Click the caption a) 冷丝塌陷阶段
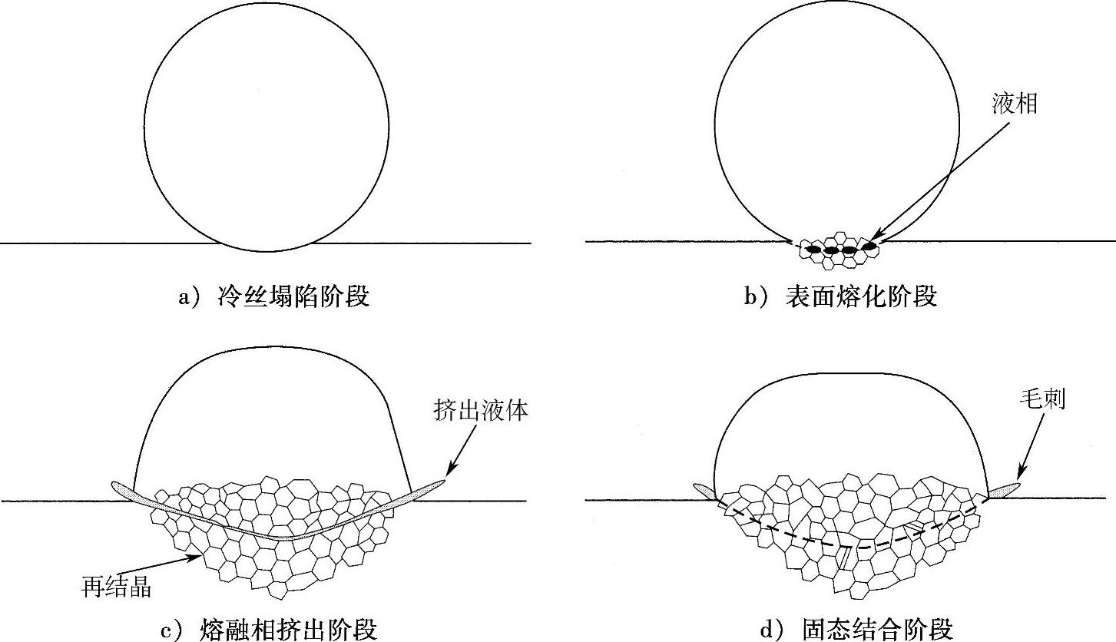pos(273,296)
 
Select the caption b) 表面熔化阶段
pos(840,296)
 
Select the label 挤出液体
pos(480,411)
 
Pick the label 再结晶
pos(116,588)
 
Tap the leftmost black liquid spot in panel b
pos(813,249)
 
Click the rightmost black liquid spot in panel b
pos(869,246)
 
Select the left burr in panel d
pos(704,490)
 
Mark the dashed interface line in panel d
pos(853,547)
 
